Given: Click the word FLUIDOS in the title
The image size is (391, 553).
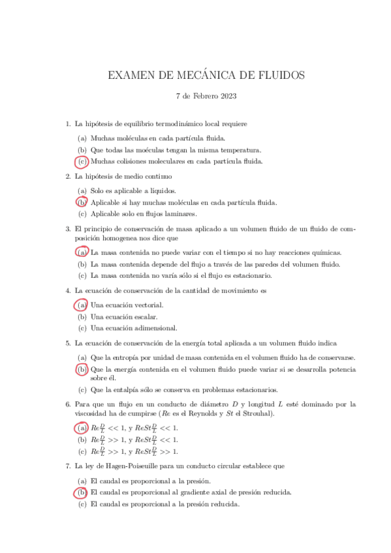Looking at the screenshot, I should coord(277,76).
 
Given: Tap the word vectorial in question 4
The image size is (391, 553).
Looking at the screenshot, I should coord(149,305).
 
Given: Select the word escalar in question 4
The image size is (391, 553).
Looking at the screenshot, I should coord(144,316).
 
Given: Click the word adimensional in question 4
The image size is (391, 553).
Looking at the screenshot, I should coord(153,328).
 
